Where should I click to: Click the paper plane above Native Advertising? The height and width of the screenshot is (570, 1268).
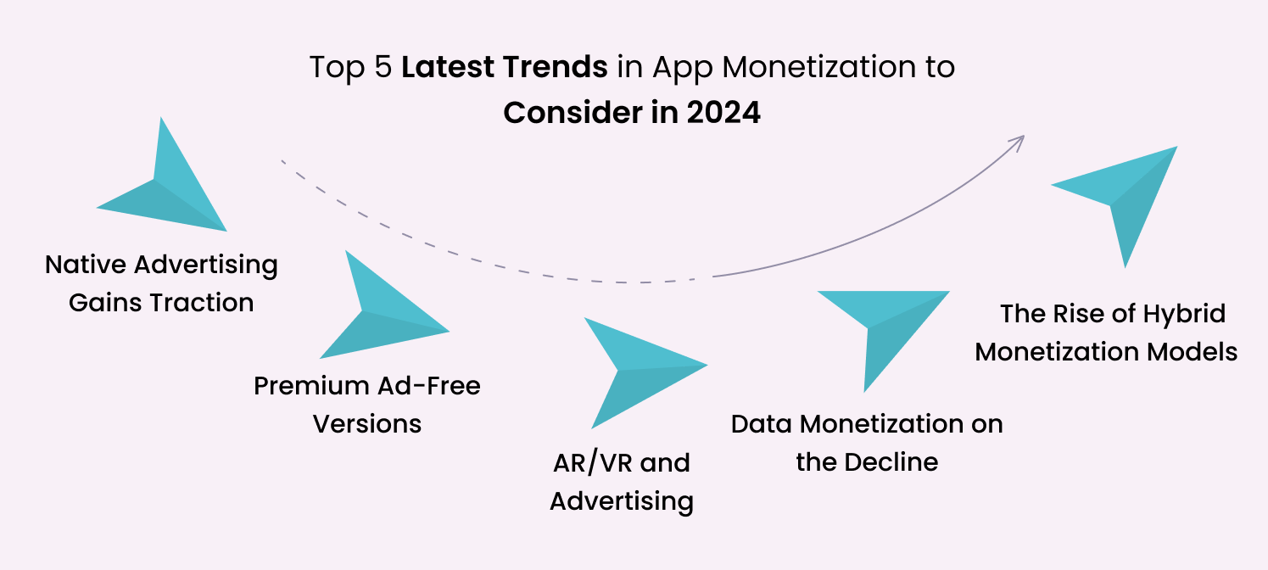click(165, 187)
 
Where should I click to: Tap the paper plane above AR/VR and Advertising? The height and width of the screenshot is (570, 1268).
click(636, 369)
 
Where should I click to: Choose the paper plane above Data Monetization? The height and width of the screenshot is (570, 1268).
click(878, 327)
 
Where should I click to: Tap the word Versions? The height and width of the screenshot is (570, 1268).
click(367, 423)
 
